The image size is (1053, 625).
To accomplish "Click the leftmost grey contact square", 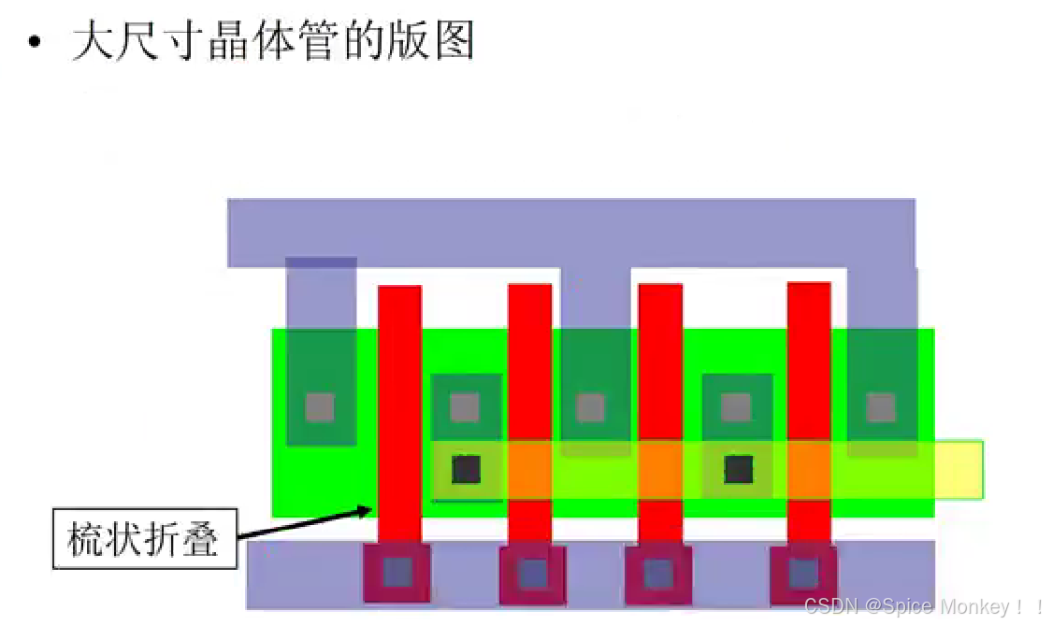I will tap(320, 407).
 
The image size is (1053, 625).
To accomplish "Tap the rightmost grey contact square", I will tap(881, 407).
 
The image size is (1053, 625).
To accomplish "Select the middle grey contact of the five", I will tap(590, 407).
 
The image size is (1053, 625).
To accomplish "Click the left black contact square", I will tap(466, 469).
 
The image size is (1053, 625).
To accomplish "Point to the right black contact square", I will tap(739, 469).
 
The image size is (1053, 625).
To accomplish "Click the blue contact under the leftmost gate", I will tap(397, 572).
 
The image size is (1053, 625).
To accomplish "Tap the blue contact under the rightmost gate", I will tap(802, 572).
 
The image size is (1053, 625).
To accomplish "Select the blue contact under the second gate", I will tap(532, 572).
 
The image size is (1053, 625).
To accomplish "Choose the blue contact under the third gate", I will tap(658, 572).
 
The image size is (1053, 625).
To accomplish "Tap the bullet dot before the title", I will tap(35, 43).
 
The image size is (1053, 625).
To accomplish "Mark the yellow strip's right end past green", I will tap(959, 469).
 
